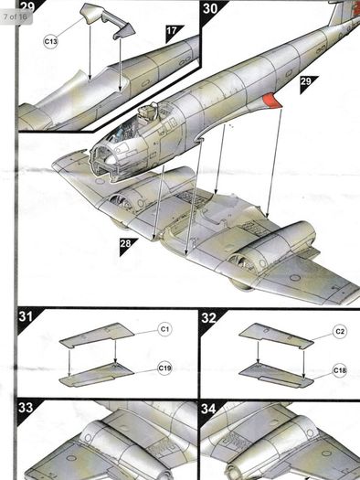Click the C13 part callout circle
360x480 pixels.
point(50,41)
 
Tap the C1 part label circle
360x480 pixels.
point(164,329)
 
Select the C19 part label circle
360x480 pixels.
point(164,368)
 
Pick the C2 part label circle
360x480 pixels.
point(340,332)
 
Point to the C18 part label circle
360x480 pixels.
point(340,370)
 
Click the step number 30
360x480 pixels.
point(210,8)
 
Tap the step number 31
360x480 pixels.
point(26,316)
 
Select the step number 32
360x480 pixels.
point(209,318)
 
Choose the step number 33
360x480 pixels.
point(26,408)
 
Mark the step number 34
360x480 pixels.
point(208,409)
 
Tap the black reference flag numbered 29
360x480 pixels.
point(306,82)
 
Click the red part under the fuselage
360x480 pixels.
point(271,101)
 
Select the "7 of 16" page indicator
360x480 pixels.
point(16,16)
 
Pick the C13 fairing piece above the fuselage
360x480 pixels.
point(107,20)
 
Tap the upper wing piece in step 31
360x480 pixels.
point(97,336)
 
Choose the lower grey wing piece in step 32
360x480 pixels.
point(276,375)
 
